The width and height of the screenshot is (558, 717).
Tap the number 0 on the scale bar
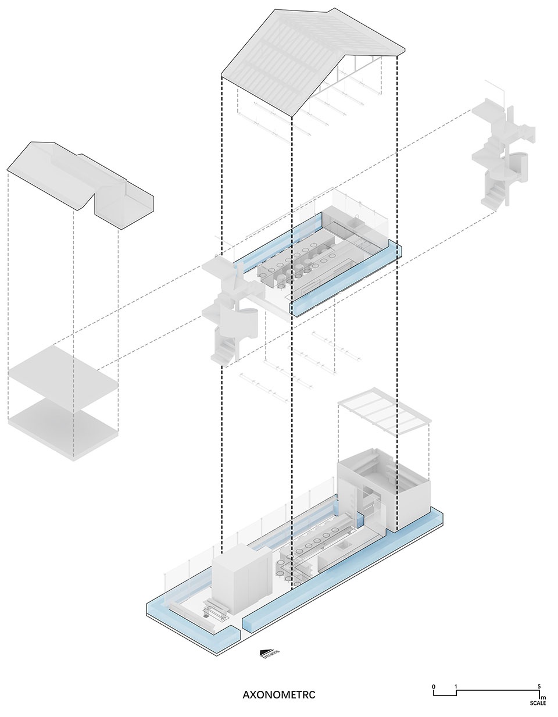[x=434, y=686]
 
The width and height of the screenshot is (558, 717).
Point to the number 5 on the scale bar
[x=539, y=686]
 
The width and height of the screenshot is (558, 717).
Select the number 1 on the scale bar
[x=456, y=686]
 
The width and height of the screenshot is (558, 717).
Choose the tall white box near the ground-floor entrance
[x=241, y=582]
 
